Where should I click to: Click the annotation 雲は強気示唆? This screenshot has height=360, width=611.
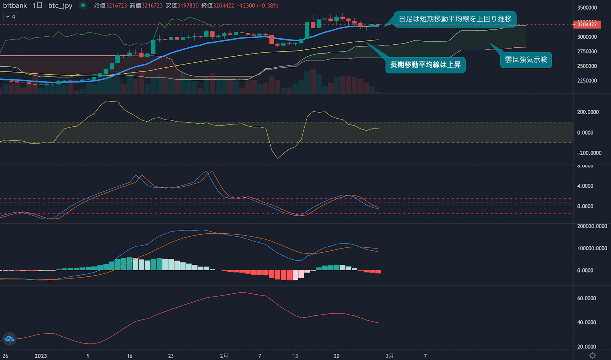point(526,60)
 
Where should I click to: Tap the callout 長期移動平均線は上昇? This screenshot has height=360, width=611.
point(425,65)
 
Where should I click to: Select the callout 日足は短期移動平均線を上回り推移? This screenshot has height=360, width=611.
point(455,19)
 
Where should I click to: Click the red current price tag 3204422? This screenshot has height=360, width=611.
point(587,24)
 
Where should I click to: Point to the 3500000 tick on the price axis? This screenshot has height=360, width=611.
point(587,8)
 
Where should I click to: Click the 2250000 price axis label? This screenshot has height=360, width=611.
point(587,81)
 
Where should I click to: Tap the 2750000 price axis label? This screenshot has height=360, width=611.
point(587,52)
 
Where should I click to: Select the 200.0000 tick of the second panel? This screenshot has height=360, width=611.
point(588,112)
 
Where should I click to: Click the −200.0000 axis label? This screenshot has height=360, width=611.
point(589,153)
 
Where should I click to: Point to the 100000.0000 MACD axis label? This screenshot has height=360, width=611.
point(592,248)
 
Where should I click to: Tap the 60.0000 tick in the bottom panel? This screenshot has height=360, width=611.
point(587,298)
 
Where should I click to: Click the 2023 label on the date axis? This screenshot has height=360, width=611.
point(41,356)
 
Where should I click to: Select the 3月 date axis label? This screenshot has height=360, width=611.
point(390,356)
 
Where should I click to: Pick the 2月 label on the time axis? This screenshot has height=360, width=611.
point(224,356)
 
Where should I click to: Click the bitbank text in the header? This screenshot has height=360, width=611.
point(15,6)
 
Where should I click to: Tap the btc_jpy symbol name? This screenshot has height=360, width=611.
point(60,6)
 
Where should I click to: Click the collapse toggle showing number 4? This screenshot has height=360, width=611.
point(10,17)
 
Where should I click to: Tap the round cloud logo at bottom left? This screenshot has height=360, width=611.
point(9,339)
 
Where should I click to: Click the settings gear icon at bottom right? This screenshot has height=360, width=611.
point(592,355)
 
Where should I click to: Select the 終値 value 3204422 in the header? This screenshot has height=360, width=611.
point(224,6)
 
